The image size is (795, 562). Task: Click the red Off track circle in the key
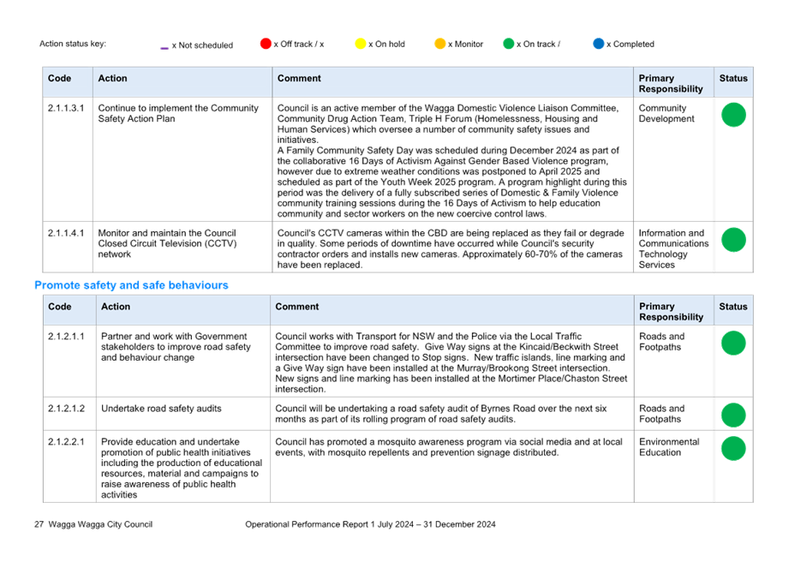click(x=266, y=44)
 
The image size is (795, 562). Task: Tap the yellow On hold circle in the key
click(x=361, y=44)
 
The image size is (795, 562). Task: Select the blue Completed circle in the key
click(x=599, y=44)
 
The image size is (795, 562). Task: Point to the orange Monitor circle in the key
click(x=440, y=44)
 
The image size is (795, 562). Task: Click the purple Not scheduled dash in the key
click(x=164, y=48)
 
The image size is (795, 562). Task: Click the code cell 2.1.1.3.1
click(x=66, y=108)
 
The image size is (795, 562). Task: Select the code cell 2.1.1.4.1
click(x=66, y=233)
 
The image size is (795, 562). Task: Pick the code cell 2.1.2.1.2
click(x=67, y=409)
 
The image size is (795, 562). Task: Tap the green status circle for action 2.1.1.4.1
click(x=733, y=240)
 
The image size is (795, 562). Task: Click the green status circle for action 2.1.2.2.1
click(x=733, y=448)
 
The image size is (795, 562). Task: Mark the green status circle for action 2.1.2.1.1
click(x=733, y=343)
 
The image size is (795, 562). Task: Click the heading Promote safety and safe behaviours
click(x=131, y=285)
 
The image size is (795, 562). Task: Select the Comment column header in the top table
click(x=299, y=78)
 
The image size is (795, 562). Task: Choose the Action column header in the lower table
click(x=116, y=307)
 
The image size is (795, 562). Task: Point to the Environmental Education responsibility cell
click(x=669, y=447)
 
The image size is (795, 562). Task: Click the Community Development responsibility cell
click(x=666, y=113)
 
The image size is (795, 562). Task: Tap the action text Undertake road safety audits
click(x=161, y=409)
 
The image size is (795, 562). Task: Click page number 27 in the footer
click(x=39, y=524)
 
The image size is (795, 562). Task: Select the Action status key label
click(x=73, y=44)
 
